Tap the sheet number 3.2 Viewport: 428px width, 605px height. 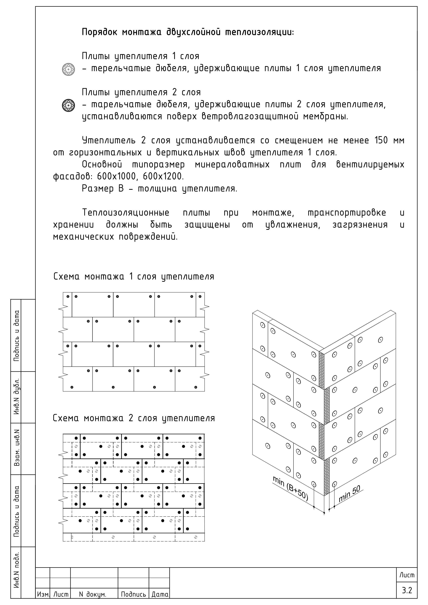pos(407,590)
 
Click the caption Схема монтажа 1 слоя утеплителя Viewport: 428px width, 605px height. pos(134,277)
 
